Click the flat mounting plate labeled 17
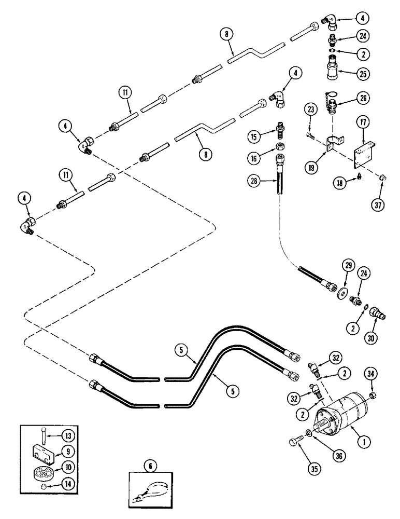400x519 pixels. click(361, 153)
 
